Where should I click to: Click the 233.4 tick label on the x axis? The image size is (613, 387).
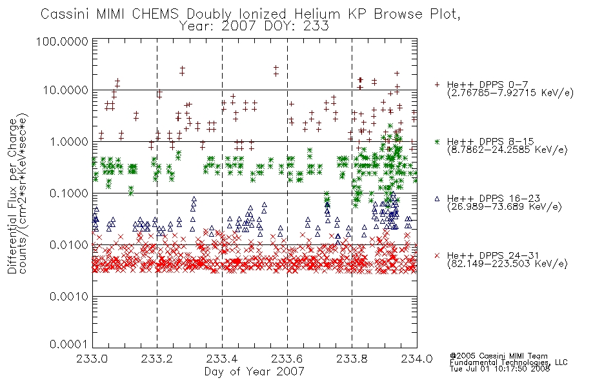coord(222,359)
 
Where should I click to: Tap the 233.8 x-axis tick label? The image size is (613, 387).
coord(352,359)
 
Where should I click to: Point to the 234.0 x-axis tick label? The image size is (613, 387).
coord(417,359)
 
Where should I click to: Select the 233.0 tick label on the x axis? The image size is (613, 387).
coord(92,359)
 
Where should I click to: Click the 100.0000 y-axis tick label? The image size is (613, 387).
coord(62,41)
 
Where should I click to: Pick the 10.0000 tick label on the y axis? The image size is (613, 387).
coord(65,90)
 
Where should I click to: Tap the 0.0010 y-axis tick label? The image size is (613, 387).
coord(68,297)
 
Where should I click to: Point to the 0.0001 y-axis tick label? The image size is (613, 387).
coord(68,344)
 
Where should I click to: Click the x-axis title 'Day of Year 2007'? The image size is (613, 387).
coord(254,372)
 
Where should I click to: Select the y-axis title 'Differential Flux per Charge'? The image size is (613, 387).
coord(12,196)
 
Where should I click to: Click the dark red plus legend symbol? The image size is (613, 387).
coord(437,84)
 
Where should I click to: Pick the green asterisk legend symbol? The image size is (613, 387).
coord(437,141)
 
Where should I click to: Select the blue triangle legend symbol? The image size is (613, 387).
coord(437,199)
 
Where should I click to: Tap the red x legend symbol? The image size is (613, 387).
coord(437,255)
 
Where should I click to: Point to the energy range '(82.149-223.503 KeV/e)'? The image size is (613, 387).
coord(507,264)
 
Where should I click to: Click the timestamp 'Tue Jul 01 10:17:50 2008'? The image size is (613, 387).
coord(499,369)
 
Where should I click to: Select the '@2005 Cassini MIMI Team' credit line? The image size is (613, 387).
coord(498,356)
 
